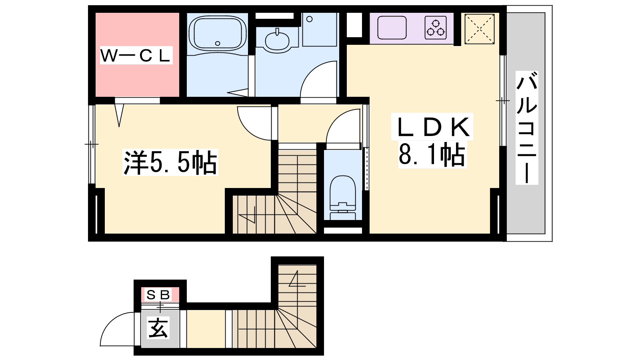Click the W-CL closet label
coord(136,56)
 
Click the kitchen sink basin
coord(392,28)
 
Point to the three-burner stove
coord(436,28)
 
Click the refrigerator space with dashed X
coord(480,29)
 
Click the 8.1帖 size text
coord(432,154)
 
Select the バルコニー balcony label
coord(526,128)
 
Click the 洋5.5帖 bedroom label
coord(170,162)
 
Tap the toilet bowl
coord(342,194)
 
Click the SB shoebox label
coord(158,294)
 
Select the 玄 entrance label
coord(158,328)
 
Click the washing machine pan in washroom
coord(320,30)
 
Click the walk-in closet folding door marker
coord(119,115)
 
